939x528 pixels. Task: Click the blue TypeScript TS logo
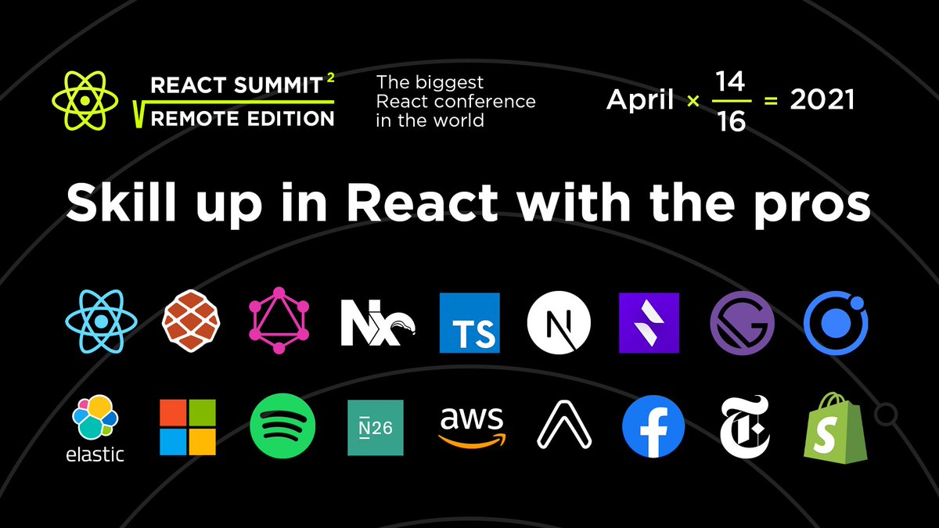point(469,322)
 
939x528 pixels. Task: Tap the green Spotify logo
point(282,427)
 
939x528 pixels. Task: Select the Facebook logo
point(653,427)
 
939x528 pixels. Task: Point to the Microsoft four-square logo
point(187,427)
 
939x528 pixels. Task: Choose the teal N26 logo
point(376,427)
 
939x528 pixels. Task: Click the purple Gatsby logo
point(742,324)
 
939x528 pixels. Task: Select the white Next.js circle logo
point(559,323)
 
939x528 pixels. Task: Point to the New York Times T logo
point(744,427)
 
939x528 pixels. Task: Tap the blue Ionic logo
point(836,324)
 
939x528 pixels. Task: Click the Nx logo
point(376,323)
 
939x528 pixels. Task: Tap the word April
point(641,101)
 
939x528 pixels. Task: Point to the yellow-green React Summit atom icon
point(85,100)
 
